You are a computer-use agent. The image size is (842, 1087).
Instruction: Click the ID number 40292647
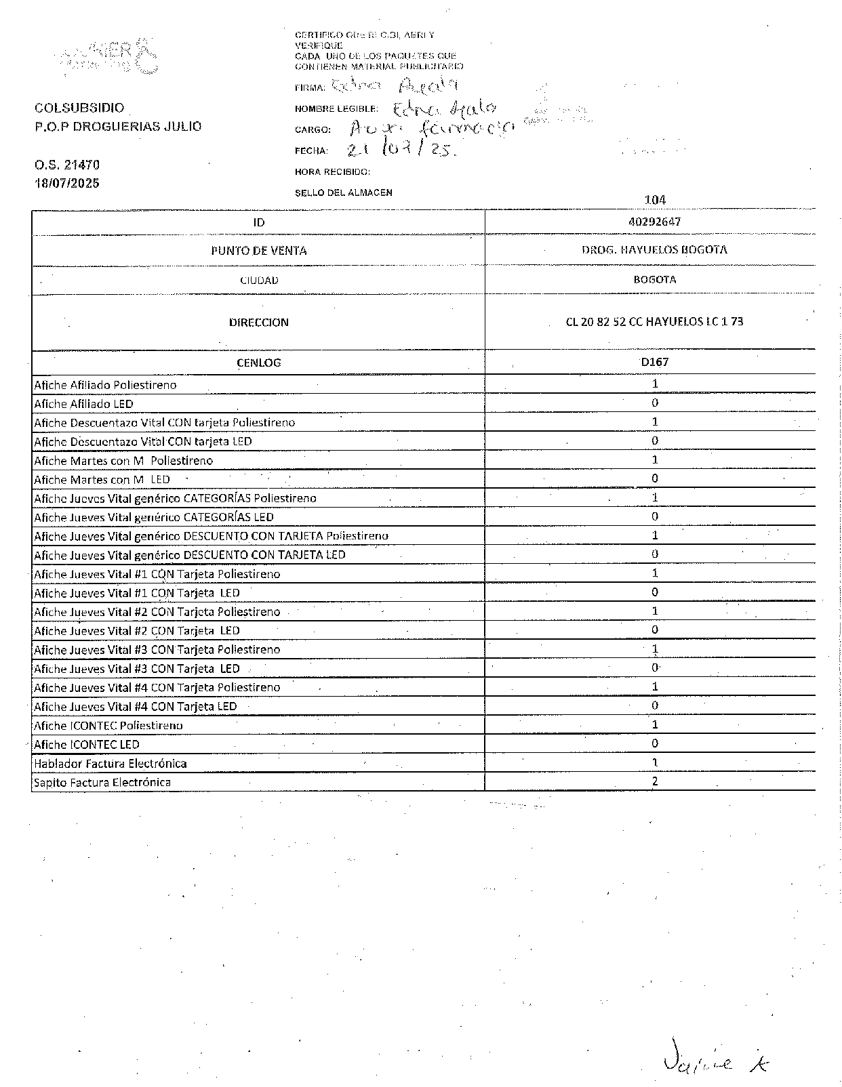click(x=654, y=222)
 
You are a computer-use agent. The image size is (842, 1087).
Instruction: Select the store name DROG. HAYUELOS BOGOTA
click(x=654, y=249)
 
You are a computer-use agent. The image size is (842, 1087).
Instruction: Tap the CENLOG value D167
click(x=654, y=362)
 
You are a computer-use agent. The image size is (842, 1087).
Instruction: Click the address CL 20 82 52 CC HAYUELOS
click(x=654, y=321)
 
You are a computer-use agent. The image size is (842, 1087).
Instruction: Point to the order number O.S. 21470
click(x=67, y=165)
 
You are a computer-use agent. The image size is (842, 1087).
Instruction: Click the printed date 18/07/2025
click(x=67, y=183)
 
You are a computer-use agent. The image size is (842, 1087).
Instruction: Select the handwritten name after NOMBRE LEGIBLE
click(x=444, y=108)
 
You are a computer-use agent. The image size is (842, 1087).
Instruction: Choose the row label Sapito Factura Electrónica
click(x=102, y=782)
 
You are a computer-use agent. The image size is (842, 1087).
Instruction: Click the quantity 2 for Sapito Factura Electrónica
click(x=654, y=781)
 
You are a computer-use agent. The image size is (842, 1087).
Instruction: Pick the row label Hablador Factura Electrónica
click(x=111, y=763)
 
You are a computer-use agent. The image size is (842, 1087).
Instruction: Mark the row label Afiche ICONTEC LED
click(x=87, y=744)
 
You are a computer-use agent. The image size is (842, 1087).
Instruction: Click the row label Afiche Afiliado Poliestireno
click(x=105, y=385)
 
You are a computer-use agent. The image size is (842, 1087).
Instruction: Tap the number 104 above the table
click(x=655, y=200)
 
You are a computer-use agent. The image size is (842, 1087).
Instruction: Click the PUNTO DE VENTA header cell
click(x=258, y=251)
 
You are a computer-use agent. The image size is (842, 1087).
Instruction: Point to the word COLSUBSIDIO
click(x=79, y=108)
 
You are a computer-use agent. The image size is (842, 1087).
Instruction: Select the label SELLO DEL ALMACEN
click(x=343, y=192)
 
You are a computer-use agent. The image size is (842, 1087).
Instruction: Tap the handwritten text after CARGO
click(x=430, y=129)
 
